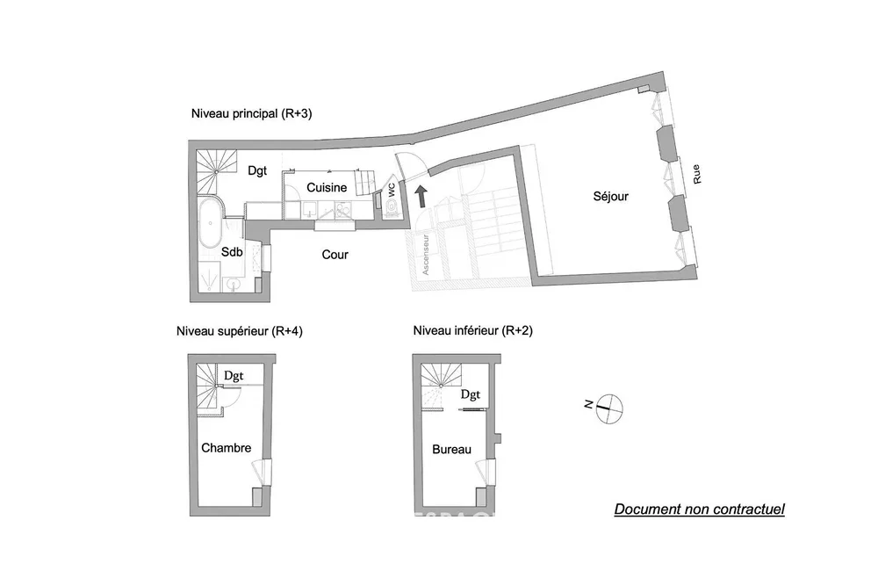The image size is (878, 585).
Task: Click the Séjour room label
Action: [x=610, y=197]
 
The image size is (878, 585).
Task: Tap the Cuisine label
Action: [x=327, y=188]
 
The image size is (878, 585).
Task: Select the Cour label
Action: [x=335, y=255]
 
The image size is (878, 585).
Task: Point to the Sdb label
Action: [x=232, y=252]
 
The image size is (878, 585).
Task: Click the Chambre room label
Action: [x=227, y=448]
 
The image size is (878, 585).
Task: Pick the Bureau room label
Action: [x=451, y=450]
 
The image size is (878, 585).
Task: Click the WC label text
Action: [x=392, y=190]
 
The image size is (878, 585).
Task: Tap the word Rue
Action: [x=696, y=174]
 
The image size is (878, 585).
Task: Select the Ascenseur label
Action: [x=426, y=255]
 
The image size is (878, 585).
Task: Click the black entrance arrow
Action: [x=421, y=197]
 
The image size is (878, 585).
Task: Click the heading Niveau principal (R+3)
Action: [x=251, y=114]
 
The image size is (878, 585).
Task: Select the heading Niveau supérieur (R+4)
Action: [x=240, y=331]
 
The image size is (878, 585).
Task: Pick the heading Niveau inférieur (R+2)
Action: [x=473, y=330]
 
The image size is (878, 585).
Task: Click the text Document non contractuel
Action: [x=700, y=509]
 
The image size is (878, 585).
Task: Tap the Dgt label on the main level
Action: [x=257, y=171]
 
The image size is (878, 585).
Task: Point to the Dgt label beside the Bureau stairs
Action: [x=471, y=394]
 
